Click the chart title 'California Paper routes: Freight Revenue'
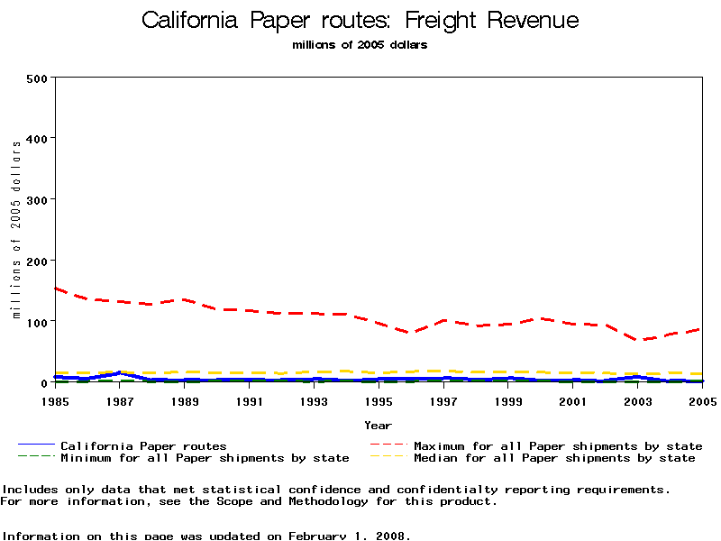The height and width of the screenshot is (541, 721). pyautogui.click(x=360, y=21)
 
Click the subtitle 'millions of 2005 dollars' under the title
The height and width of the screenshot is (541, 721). pyautogui.click(x=360, y=45)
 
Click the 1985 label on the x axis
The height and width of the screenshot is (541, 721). pyautogui.click(x=55, y=400)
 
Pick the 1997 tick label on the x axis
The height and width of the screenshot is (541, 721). pyautogui.click(x=443, y=400)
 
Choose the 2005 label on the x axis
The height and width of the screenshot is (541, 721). pyautogui.click(x=702, y=400)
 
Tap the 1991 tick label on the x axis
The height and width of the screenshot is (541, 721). pyautogui.click(x=250, y=400)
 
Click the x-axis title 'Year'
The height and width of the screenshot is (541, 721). pyautogui.click(x=379, y=425)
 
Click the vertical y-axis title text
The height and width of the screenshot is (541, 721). pyautogui.click(x=16, y=229)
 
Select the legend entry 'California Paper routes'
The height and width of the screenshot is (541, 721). pyautogui.click(x=143, y=445)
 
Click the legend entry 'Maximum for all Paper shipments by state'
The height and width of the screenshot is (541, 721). pyautogui.click(x=558, y=445)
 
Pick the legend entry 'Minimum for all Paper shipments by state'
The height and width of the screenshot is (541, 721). pyautogui.click(x=205, y=458)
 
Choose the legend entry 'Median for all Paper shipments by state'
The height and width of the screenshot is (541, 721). pyautogui.click(x=554, y=458)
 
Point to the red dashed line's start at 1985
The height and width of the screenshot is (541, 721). pyautogui.click(x=56, y=289)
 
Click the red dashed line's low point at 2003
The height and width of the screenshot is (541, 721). pyautogui.click(x=638, y=341)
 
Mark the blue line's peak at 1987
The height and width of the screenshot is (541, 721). pyautogui.click(x=120, y=372)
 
